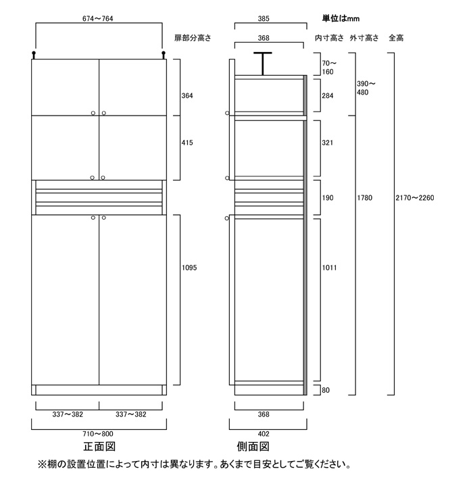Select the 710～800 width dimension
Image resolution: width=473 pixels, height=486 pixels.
click(x=99, y=433)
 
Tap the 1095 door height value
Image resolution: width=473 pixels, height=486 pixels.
click(x=189, y=268)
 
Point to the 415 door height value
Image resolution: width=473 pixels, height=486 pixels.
click(x=187, y=143)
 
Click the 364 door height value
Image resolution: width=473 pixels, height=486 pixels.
click(x=187, y=96)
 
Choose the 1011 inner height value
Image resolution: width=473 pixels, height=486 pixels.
click(x=330, y=268)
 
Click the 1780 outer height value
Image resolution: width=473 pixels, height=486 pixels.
click(x=364, y=199)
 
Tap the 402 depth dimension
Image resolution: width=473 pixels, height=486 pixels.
click(x=268, y=433)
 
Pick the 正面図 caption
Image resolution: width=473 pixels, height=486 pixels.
click(x=99, y=447)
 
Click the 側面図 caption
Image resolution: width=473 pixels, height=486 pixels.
click(x=253, y=447)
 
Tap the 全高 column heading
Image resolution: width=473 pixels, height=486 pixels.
click(x=397, y=38)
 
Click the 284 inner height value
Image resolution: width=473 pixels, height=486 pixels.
click(x=328, y=96)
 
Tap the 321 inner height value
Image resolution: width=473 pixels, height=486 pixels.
click(x=328, y=143)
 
